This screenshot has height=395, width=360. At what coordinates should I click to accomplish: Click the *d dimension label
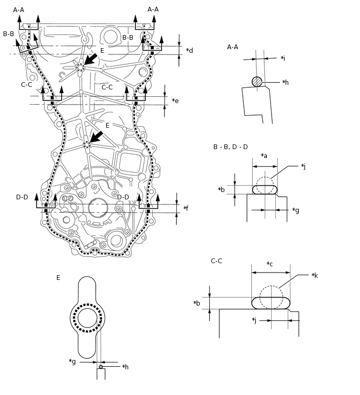click(189, 51)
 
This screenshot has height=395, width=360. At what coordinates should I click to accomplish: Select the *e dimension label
click(175, 100)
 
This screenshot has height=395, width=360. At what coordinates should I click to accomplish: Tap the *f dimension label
click(186, 208)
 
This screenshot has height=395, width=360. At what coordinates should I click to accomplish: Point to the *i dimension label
click(283, 58)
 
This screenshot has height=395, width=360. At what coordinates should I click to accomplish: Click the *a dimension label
click(264, 155)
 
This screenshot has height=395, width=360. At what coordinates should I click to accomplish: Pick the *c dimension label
click(270, 264)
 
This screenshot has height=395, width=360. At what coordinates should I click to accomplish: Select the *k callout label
click(314, 275)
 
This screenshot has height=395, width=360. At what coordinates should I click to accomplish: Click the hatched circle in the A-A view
click(256, 82)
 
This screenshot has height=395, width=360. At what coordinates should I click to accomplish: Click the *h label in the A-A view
click(285, 82)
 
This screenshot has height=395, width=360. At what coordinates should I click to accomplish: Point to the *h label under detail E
click(125, 367)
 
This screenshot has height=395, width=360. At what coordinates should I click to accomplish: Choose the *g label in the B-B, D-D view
click(296, 210)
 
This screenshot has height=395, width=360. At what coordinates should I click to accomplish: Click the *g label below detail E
click(72, 361)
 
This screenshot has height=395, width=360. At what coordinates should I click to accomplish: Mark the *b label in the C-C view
click(197, 303)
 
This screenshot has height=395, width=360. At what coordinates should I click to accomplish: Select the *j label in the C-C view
click(254, 320)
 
